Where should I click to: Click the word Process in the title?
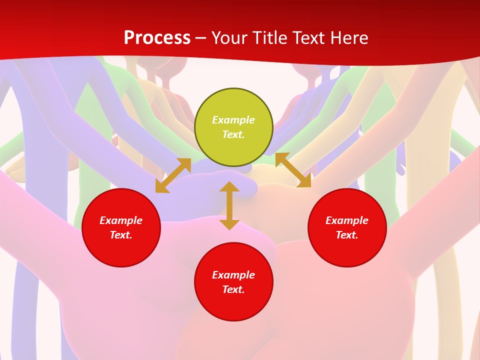click(x=157, y=38)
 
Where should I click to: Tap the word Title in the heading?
click(x=273, y=38)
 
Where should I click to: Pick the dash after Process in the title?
click(x=200, y=38)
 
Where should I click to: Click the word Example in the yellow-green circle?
click(x=233, y=120)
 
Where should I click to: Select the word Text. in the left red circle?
click(x=121, y=235)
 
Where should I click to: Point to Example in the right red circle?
click(x=347, y=220)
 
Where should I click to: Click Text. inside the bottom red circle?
click(x=233, y=289)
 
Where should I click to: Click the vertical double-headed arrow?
click(x=229, y=205)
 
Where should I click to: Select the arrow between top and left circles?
click(x=173, y=175)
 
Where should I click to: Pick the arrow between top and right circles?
click(x=293, y=170)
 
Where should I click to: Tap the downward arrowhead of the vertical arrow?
click(x=229, y=223)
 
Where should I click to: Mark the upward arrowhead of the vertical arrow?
click(x=229, y=187)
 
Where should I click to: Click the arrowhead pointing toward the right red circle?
click(x=304, y=181)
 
